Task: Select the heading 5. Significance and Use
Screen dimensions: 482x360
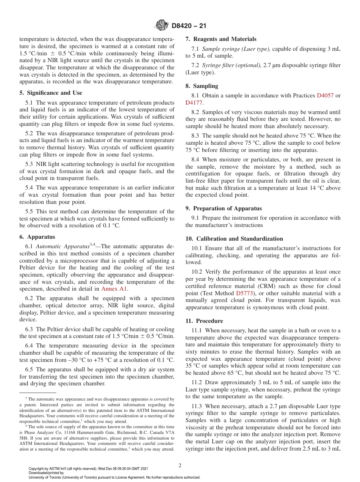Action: (50, 93)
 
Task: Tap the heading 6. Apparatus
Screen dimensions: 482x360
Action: (37, 237)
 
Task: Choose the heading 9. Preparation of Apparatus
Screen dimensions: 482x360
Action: (224, 208)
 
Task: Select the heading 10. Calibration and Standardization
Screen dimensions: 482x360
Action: (234, 239)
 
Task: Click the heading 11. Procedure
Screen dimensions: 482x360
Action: (204, 321)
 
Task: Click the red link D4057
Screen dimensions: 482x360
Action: (325, 95)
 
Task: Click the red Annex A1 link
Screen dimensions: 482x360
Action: (115, 289)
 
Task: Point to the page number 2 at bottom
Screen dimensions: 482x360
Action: (180, 466)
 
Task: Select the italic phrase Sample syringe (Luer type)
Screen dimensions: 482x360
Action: (236, 49)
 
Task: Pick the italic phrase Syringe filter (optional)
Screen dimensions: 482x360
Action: (232, 66)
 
